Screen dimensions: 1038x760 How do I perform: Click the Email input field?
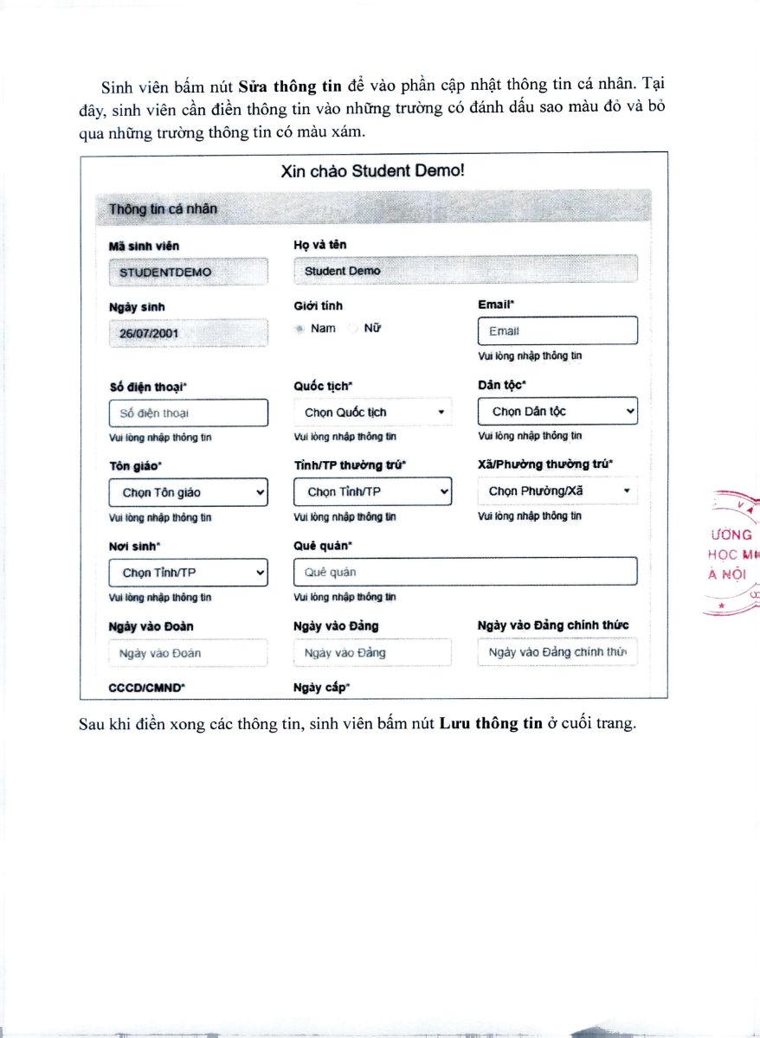[x=557, y=331]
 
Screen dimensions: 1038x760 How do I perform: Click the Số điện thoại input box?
[x=189, y=413]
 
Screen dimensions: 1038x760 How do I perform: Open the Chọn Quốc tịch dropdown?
[x=373, y=413]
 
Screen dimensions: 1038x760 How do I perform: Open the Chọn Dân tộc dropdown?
[x=557, y=412]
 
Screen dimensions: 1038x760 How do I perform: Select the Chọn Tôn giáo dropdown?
[x=189, y=492]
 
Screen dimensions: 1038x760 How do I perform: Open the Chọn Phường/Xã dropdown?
[x=557, y=491]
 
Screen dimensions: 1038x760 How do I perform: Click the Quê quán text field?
[x=465, y=572]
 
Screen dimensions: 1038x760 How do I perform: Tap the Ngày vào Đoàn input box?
[x=189, y=653]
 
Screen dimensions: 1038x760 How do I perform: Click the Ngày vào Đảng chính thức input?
[x=557, y=652]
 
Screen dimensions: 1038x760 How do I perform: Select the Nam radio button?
[x=299, y=329]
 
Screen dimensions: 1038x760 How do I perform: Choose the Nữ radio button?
[x=352, y=329]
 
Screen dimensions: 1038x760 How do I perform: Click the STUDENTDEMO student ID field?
[x=189, y=272]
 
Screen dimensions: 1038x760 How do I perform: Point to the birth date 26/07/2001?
[x=189, y=333]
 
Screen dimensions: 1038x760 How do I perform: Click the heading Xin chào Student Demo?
[x=373, y=170]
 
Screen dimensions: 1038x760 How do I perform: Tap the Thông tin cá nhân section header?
[x=164, y=209]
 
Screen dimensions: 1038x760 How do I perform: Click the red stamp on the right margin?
[x=732, y=554]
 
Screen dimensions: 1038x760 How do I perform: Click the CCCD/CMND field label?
[x=147, y=688]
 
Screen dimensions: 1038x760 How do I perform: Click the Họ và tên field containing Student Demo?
[x=465, y=271]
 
